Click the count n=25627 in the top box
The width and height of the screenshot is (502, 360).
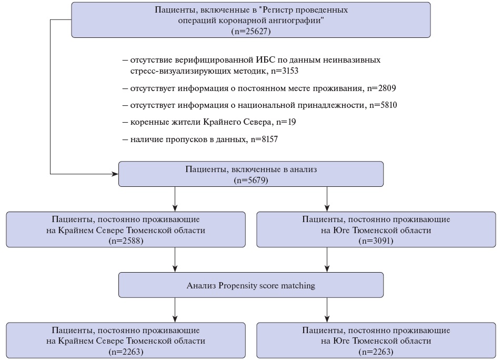[x=250, y=32]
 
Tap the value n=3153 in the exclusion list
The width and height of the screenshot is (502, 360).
[x=285, y=71]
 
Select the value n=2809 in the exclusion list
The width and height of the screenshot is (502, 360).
[x=381, y=88]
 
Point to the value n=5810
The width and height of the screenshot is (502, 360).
[x=383, y=105]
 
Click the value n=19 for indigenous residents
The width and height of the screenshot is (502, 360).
[x=286, y=122]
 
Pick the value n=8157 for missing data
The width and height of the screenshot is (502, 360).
[x=264, y=139]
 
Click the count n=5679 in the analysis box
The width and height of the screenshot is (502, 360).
[x=251, y=180]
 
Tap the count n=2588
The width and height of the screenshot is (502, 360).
[x=126, y=241]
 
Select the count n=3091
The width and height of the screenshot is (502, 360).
[x=376, y=241]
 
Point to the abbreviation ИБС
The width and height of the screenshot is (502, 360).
[x=265, y=60]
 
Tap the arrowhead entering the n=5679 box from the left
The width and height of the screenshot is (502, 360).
[x=115, y=174]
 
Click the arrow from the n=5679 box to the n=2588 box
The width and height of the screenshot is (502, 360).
[x=175, y=199]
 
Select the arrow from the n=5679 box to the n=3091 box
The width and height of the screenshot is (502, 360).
[x=327, y=199]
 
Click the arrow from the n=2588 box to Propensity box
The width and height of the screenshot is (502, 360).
[x=175, y=259]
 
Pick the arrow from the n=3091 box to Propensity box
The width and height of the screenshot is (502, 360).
[x=327, y=259]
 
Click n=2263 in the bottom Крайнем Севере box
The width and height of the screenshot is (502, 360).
[x=126, y=352]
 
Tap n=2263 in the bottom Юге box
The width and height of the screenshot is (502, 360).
[x=376, y=352]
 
